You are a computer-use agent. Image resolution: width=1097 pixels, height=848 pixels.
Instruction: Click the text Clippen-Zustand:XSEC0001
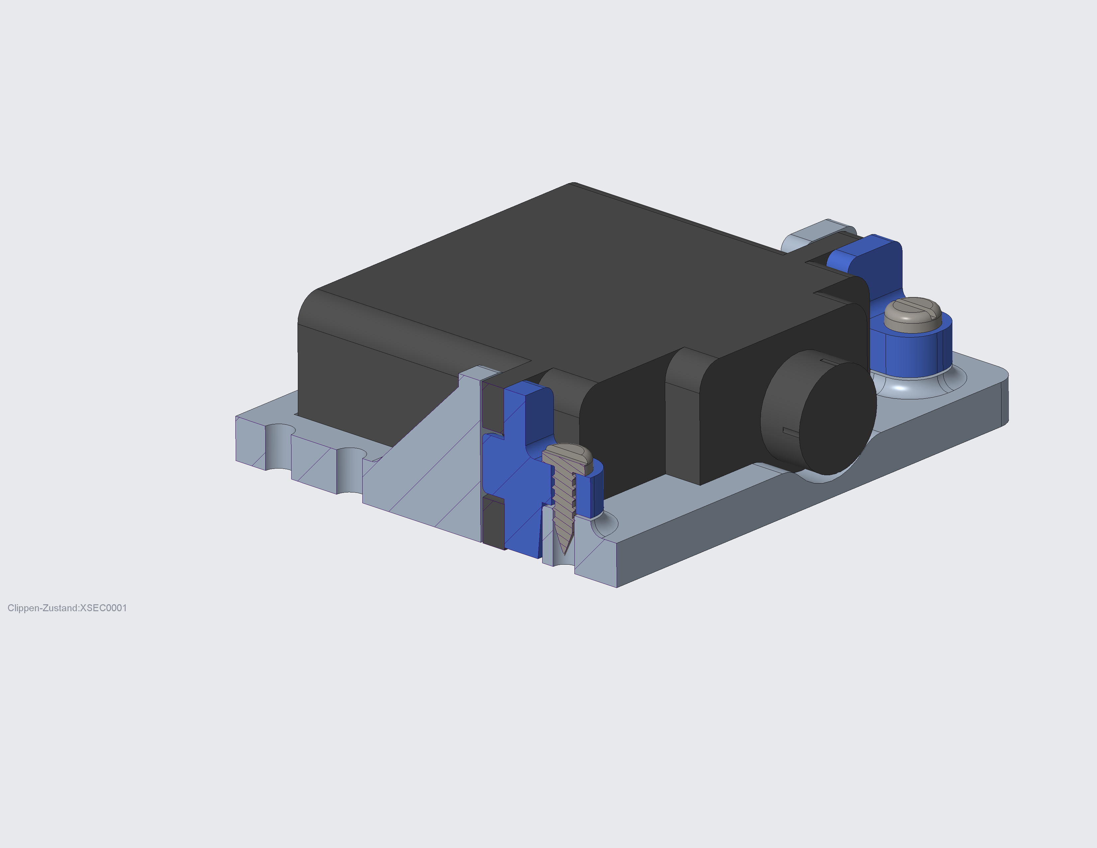[67, 608]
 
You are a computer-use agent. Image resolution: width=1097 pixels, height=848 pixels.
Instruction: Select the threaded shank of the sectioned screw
[563, 502]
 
